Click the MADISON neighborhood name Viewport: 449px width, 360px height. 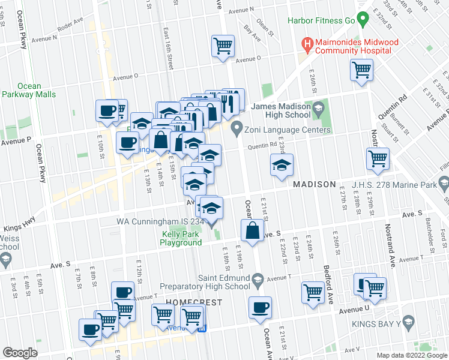pos(314,184)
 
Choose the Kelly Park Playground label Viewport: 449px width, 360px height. pos(181,238)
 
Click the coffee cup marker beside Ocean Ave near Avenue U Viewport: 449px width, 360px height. pos(260,307)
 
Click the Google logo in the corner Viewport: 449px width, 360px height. pos(20,353)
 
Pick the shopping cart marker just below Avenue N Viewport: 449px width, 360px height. pos(223,44)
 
